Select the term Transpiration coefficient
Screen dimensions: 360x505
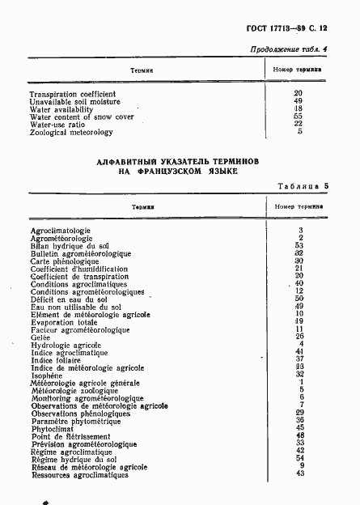click(x=72, y=94)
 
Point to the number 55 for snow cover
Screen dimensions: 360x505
click(x=298, y=117)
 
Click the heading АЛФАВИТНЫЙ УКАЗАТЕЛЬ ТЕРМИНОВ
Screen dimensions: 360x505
click(x=178, y=162)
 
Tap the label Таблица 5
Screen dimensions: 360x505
click(x=303, y=185)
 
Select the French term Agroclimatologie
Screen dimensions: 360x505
click(x=61, y=231)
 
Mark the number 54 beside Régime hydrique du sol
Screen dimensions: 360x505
click(x=299, y=458)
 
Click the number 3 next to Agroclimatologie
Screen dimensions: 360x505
click(x=300, y=231)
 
